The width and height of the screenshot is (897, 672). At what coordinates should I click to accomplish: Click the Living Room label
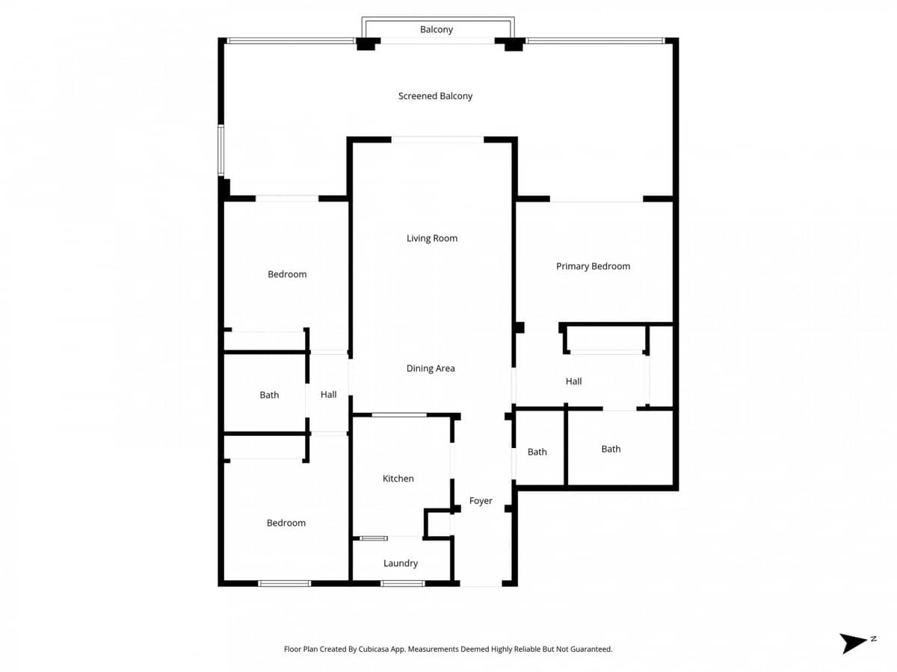pos(431,238)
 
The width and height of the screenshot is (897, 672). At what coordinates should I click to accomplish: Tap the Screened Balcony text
pos(435,96)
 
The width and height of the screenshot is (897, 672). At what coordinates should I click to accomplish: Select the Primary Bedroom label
pos(593,267)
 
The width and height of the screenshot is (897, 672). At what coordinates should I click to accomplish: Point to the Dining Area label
pos(430,369)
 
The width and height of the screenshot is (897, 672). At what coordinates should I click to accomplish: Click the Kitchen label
pos(398,479)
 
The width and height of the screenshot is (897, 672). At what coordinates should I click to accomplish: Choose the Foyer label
pos(481,501)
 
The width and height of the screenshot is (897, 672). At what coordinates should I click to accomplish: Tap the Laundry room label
pos(400,564)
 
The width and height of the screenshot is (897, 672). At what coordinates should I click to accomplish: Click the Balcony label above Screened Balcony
pos(436,30)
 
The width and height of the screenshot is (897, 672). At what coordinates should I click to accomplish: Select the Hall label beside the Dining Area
pos(328,395)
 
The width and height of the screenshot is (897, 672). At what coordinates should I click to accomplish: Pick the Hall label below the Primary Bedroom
pos(573,382)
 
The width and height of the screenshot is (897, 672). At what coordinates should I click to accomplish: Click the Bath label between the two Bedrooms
pos(269,395)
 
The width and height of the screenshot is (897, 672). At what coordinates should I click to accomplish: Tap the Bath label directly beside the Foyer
pos(537,452)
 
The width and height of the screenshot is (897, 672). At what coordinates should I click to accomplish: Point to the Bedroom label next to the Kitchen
pos(286,523)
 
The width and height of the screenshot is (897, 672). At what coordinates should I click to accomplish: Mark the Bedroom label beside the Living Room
pos(287,275)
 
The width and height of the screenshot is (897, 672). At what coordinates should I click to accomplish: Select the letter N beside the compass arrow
pos(873,639)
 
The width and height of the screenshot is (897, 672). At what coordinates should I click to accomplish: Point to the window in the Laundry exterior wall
pos(402,583)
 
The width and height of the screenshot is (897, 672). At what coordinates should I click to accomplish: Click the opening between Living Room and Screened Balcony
pos(437,140)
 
